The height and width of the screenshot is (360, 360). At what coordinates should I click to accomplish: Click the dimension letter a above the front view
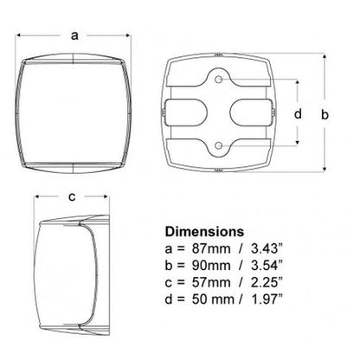74,35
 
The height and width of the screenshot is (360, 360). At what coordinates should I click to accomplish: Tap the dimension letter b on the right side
325,114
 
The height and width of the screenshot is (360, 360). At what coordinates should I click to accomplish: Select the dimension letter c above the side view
72,196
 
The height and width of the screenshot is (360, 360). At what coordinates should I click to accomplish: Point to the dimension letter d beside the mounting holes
298,113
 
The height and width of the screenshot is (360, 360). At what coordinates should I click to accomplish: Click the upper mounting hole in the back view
219,79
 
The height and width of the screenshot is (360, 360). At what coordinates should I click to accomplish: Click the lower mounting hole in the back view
219,145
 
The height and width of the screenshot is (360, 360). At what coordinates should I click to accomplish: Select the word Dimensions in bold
204,232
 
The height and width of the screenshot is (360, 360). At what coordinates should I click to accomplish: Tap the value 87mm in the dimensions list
211,248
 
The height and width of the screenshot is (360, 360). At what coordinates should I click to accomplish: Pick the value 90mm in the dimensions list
211,266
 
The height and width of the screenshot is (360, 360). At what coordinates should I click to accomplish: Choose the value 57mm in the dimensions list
211,282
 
